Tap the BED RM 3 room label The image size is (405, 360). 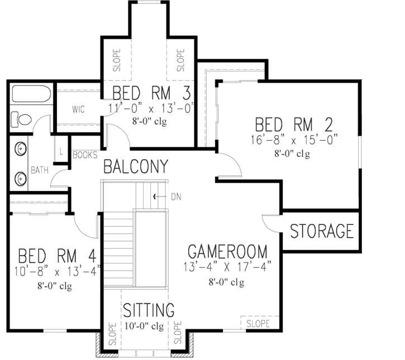(153, 92)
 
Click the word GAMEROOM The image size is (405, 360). (227, 250)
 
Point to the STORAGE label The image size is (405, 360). (322, 231)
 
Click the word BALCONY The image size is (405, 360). (136, 166)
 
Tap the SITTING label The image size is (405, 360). (149, 310)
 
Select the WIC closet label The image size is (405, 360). (78, 109)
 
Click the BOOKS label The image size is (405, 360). (85, 155)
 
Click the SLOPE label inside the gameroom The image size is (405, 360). (258, 323)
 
